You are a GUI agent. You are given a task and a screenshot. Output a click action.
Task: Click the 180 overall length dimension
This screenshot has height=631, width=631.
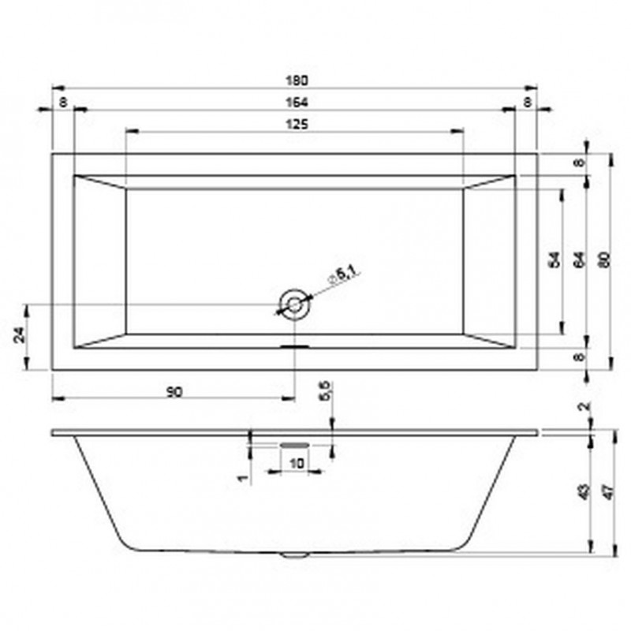(x=294, y=80)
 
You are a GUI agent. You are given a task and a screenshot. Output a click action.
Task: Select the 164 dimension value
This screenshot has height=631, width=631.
(x=294, y=103)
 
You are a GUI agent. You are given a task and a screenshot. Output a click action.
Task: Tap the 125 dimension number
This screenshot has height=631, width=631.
(x=295, y=124)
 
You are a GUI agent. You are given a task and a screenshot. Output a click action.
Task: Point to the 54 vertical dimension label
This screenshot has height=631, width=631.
(x=554, y=259)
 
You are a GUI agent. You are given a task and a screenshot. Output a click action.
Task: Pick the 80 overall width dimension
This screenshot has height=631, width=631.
(x=603, y=259)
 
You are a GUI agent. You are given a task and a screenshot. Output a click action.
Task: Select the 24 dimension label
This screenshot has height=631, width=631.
(x=21, y=334)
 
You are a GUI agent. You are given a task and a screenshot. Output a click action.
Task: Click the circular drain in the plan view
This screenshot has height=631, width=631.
(x=293, y=303)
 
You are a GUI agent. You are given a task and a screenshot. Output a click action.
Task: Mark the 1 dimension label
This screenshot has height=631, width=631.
(x=245, y=476)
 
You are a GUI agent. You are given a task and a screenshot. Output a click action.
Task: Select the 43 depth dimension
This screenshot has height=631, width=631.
(x=582, y=491)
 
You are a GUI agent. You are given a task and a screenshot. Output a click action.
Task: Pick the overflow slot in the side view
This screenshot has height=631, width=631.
(x=293, y=444)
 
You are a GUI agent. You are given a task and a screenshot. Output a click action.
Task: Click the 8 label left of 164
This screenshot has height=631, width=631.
(x=62, y=103)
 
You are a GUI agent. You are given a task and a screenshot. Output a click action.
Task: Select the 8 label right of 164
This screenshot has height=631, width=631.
(x=526, y=103)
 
